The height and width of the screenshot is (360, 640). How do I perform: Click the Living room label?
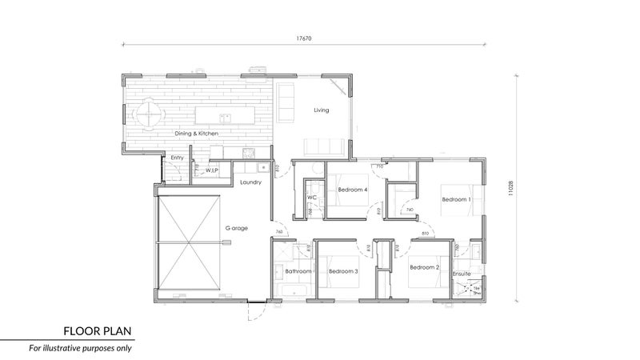point(322,110)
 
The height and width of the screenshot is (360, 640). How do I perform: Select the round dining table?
point(148,114)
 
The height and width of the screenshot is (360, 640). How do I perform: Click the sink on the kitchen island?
point(226,117)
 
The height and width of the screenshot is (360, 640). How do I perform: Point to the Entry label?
point(178,158)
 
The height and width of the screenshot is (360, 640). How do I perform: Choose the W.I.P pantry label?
point(212,170)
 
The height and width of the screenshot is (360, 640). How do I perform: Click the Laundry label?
point(252,183)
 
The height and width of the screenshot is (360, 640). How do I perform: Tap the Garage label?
point(237,228)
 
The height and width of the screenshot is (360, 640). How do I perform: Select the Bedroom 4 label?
point(353,190)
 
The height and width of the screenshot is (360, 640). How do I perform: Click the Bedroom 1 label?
point(457,199)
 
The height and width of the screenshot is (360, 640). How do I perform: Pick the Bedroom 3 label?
point(343,272)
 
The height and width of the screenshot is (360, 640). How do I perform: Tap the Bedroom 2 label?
point(425,267)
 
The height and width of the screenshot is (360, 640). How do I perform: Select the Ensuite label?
point(463,274)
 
